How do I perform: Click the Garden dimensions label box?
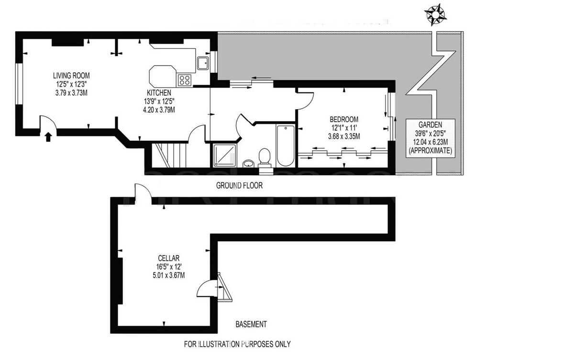click(x=430, y=136)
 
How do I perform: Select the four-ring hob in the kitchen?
click(x=185, y=79)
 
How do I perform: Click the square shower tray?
click(x=222, y=155)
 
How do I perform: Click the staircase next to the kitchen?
click(x=169, y=154)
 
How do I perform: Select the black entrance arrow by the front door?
click(x=47, y=137)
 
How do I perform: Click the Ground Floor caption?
click(x=239, y=185)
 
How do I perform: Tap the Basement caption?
click(x=251, y=324)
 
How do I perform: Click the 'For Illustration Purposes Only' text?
click(x=237, y=344)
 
